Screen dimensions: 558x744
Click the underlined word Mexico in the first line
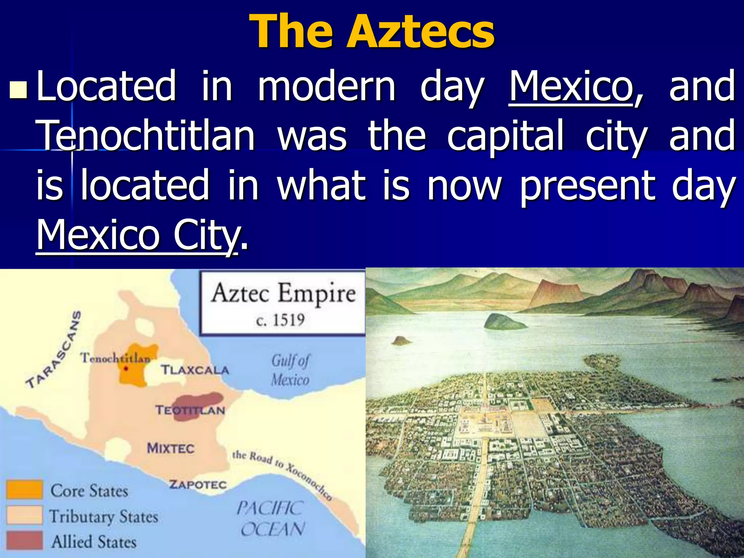571,86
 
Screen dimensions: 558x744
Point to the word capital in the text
505,136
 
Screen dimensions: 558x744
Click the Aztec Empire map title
283,294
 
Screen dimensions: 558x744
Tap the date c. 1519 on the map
280,320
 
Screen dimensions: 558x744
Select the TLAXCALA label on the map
195,370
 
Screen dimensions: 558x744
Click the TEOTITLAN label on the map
190,411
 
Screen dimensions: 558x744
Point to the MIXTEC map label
170,448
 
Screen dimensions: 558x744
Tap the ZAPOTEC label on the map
198,485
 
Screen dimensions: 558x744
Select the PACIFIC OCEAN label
271,518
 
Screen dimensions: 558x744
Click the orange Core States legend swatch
24,489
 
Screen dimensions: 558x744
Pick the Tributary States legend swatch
24,515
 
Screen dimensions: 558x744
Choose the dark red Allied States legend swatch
24,540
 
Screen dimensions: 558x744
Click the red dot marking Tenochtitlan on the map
126,369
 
